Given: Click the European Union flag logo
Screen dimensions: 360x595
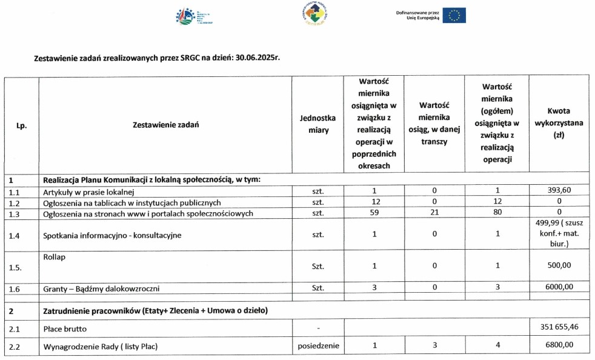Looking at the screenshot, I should click(x=454, y=15).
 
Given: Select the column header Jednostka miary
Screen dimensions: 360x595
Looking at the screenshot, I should click(x=317, y=124).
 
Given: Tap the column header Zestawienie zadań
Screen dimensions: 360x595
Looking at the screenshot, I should click(x=165, y=124).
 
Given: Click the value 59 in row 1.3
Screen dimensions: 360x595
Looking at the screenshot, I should click(x=375, y=213).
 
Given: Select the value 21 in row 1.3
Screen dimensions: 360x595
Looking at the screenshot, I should click(x=434, y=213).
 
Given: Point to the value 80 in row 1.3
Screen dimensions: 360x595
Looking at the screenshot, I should click(x=497, y=213).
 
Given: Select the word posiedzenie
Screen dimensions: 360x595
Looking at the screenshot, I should click(x=317, y=347).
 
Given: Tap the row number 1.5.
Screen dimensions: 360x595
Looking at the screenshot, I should click(x=16, y=266).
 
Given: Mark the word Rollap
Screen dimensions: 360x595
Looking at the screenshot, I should click(x=55, y=257).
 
